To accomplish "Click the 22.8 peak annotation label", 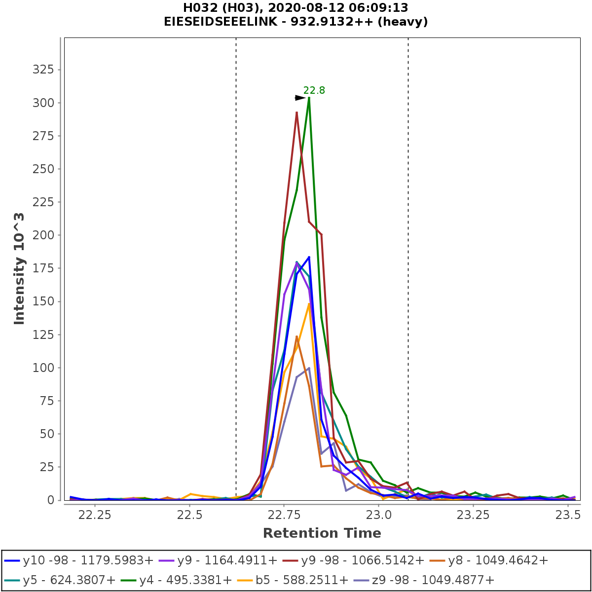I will tap(314, 90).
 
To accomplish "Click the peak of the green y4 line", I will tap(309, 98).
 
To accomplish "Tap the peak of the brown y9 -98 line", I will tap(296, 112).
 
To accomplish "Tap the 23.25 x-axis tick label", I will tap(473, 515).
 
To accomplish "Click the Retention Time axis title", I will tap(322, 533).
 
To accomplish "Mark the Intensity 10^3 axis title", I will tap(19, 268).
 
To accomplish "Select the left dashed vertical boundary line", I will tap(236, 247).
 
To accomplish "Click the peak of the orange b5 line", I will tap(309, 304).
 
